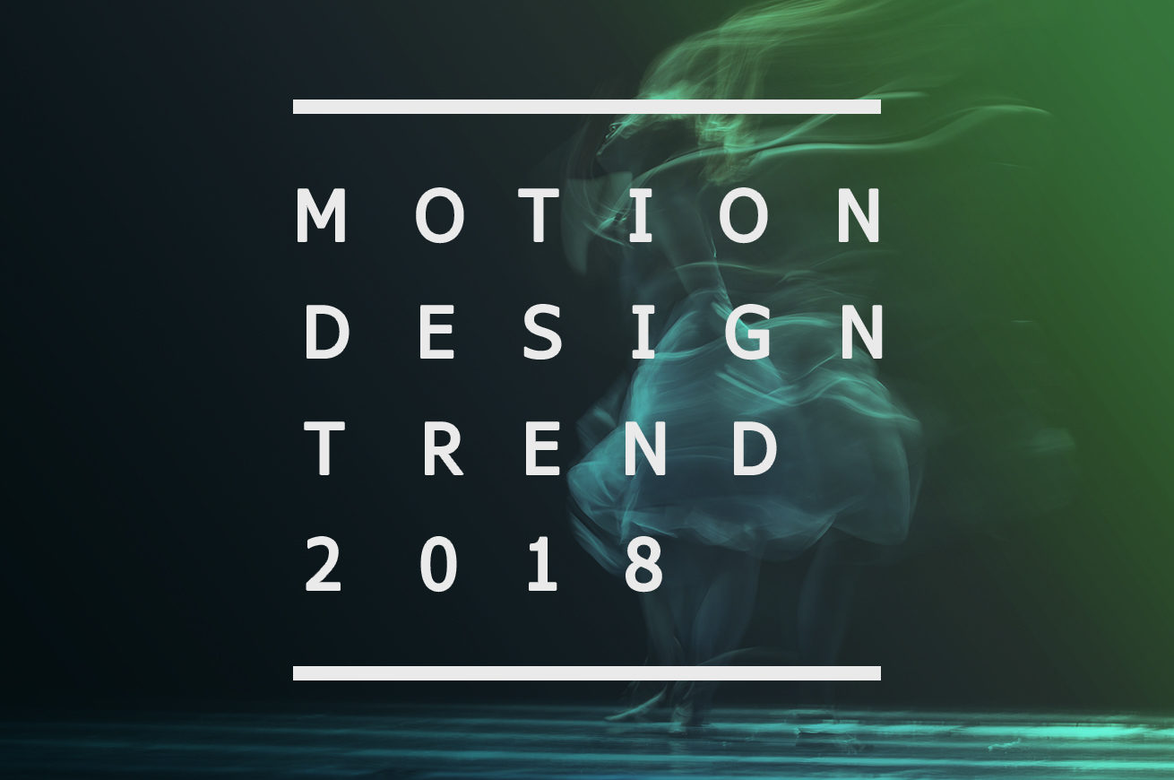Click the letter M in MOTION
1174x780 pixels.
tap(321, 215)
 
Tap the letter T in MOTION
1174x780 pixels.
tap(539, 215)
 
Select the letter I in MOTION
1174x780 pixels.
tap(640, 215)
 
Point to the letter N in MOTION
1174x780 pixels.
tap(859, 215)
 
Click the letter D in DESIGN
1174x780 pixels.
tap(327, 332)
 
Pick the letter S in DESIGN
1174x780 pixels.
tap(542, 332)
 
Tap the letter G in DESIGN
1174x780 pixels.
tap(748, 332)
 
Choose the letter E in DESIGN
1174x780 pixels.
tap(436, 332)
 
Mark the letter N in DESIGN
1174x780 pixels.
tap(862, 332)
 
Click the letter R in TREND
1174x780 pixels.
tap(444, 448)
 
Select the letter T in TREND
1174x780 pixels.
tap(324, 448)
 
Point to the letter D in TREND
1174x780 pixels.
tap(755, 448)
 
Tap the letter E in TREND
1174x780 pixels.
tap(543, 448)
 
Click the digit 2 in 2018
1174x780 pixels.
tap(324, 565)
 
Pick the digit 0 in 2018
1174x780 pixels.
tap(438, 565)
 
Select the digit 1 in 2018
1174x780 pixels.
tap(542, 565)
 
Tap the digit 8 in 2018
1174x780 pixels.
tap(645, 565)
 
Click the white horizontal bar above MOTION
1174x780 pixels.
tap(586, 107)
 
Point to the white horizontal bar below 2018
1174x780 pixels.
tap(586, 673)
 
